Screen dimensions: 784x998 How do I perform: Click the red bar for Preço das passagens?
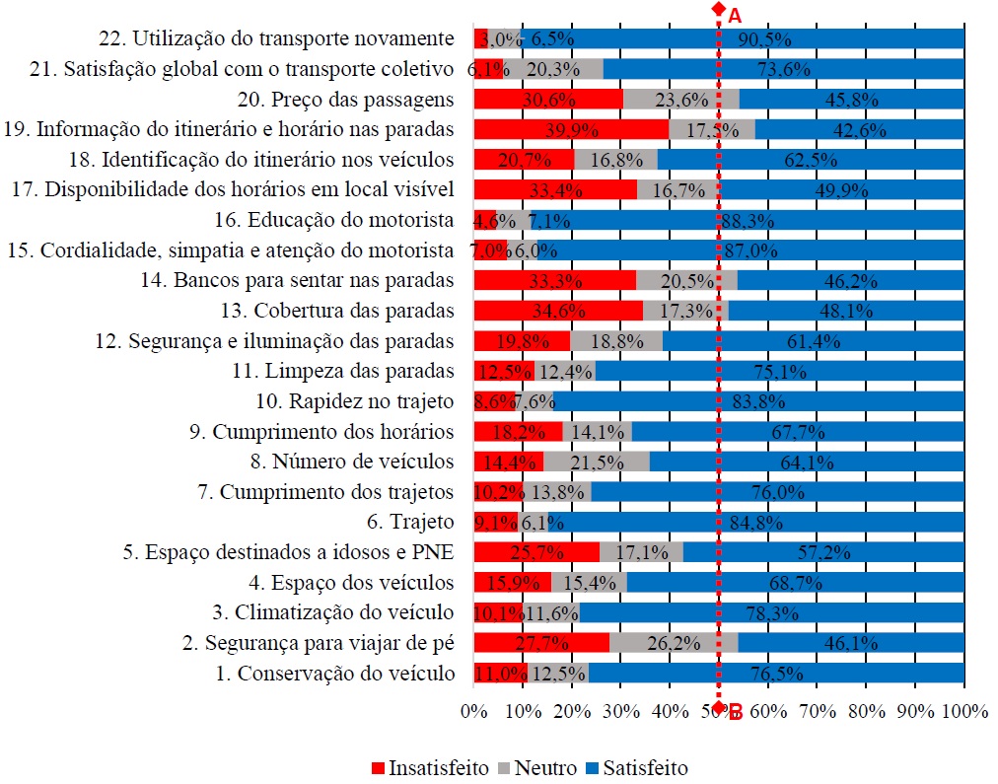[548, 99]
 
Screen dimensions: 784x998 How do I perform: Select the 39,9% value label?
[558, 129]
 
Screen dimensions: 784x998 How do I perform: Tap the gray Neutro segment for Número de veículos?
[596, 462]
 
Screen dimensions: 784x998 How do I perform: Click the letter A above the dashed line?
[734, 15]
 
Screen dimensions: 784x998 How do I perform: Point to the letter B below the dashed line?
[735, 711]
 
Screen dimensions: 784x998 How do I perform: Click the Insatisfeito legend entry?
[430, 767]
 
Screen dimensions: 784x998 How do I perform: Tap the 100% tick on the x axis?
[963, 711]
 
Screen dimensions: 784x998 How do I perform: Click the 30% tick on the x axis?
[621, 711]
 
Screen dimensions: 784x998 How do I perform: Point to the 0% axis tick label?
[474, 711]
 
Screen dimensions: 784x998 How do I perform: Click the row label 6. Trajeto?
[410, 522]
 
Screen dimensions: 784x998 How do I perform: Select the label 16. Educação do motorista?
[334, 220]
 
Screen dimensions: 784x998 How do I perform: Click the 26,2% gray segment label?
[673, 643]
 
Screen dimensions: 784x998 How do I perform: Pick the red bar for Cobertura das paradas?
[558, 311]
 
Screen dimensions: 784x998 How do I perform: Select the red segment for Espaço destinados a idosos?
[536, 552]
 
